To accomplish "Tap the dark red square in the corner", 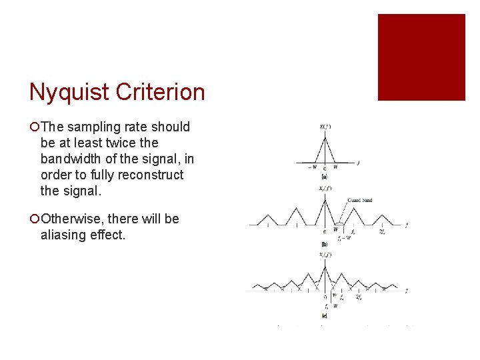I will click(421, 57).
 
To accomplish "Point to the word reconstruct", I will click(151, 175).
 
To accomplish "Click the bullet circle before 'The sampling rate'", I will click(34, 127).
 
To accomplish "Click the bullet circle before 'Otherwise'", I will click(34, 219).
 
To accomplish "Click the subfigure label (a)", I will click(324, 177).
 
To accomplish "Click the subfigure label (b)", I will click(324, 245).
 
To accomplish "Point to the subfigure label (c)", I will click(324, 315).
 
